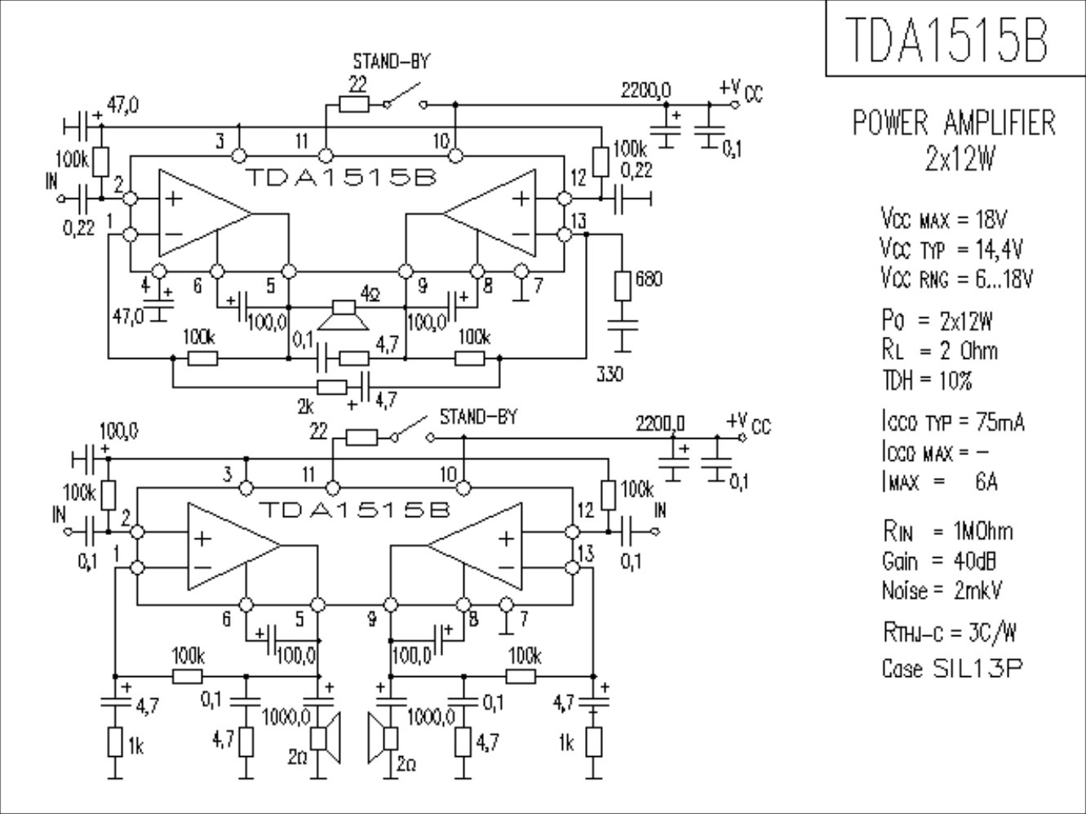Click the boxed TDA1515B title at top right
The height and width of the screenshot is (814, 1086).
[946, 39]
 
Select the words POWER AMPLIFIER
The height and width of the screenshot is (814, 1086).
[954, 123]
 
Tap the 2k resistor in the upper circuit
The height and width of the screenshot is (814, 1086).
[331, 387]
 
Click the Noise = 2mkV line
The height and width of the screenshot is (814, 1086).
[942, 591]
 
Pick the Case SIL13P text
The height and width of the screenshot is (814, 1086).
[952, 669]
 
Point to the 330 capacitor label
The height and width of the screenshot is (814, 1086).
[609, 374]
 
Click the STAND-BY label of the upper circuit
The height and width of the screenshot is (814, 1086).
[391, 61]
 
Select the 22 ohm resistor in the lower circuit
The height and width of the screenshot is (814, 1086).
[361, 438]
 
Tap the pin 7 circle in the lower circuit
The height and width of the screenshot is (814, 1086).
[507, 604]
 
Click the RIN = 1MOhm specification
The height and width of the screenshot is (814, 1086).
[947, 532]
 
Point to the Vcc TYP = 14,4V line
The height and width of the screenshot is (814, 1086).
[952, 248]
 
